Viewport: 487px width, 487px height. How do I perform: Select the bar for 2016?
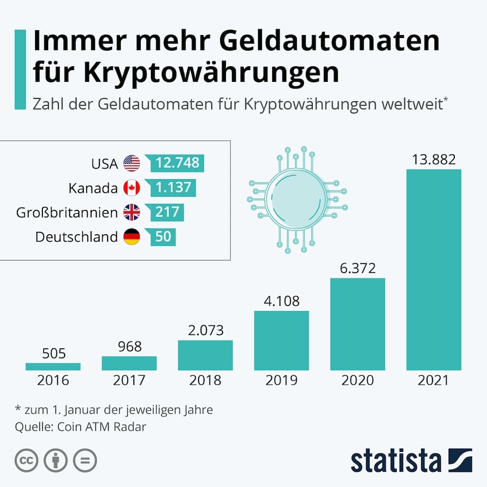pos(53,366)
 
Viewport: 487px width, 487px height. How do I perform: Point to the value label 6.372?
pos(358,267)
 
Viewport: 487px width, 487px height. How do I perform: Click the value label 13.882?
pos(433,159)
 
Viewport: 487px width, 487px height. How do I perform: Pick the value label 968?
pos(129,346)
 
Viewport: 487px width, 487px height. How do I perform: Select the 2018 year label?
pos(205,380)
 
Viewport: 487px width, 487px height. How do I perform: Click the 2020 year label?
pos(358,380)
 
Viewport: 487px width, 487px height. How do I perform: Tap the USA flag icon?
pos(131,163)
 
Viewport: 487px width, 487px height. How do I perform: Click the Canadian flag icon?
pos(131,187)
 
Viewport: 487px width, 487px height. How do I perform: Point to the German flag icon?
pos(131,237)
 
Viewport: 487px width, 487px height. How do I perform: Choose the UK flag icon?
pos(131,212)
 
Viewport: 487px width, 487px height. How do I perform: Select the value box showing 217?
pos(167,212)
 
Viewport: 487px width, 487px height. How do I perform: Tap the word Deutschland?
pos(76,237)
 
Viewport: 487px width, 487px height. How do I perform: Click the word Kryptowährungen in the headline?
pos(210,72)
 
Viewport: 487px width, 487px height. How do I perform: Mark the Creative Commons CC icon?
pos(27,460)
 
